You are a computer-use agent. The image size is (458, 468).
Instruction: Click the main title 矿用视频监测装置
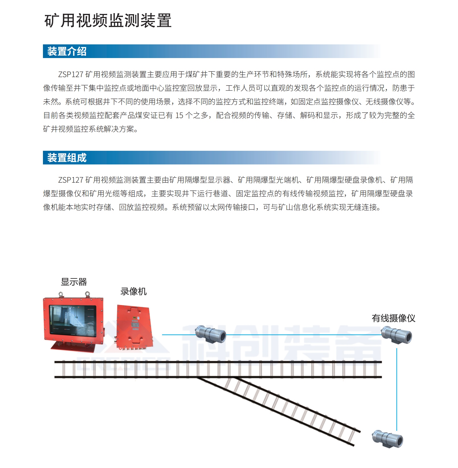pos(108,21)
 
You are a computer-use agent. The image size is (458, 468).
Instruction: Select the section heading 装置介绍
pos(67,51)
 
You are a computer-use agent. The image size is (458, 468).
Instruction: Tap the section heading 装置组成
pos(67,158)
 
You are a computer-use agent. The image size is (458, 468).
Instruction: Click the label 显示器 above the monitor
pos(74,282)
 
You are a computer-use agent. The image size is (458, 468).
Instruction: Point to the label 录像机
pos(133,292)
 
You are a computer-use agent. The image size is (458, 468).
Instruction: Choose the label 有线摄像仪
pos(393,318)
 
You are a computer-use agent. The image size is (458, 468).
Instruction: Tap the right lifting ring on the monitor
pos(87,294)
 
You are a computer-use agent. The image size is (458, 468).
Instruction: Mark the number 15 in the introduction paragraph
pos(179,116)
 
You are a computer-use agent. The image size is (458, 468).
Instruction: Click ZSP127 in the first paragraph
pos(71,75)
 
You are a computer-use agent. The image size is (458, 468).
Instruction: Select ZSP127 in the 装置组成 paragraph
pos(71,180)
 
